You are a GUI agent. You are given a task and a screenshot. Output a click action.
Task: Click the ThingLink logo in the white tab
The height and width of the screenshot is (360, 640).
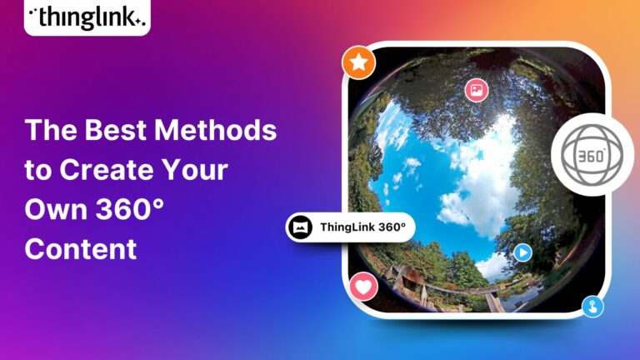87,16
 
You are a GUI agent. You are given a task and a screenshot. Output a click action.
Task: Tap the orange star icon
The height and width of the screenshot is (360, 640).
359,62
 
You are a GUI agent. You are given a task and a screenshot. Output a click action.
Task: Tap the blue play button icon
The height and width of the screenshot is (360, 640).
522,252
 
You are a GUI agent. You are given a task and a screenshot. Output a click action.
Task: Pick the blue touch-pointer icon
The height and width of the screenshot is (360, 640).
592,306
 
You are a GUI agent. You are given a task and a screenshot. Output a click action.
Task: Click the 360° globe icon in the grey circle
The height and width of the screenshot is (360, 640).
592,155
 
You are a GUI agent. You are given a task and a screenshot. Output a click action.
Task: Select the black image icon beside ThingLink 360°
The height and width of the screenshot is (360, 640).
301,227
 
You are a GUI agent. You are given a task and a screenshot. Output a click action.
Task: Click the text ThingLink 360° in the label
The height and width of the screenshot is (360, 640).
362,227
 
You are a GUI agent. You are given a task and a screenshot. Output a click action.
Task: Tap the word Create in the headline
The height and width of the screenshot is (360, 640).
104,170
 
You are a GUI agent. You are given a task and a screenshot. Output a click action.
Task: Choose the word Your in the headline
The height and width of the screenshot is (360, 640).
198,170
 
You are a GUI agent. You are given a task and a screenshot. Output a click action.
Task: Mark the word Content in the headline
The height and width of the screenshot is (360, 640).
80,248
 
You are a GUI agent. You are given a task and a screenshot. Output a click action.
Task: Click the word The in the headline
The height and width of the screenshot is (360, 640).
48,131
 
